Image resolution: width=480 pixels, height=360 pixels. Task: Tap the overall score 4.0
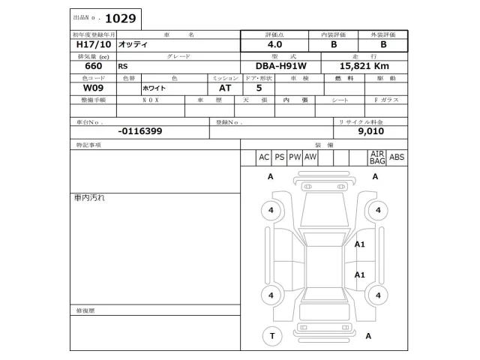point(274,44)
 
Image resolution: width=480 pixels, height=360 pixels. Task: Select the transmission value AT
point(224,88)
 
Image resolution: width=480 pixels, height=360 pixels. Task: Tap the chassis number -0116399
point(140,130)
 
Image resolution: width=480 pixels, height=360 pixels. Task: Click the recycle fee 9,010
point(370,130)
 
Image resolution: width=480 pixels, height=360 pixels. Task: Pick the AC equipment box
point(264,157)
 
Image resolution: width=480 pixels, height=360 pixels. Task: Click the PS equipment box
point(280,157)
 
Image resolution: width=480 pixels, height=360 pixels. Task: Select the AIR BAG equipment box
point(377,157)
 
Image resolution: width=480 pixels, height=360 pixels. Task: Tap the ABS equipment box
point(397,157)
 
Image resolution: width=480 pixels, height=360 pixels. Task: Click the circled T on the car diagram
point(271,336)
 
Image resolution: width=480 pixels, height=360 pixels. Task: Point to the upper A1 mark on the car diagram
point(360,244)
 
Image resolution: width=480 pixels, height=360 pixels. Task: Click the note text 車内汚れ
point(89,197)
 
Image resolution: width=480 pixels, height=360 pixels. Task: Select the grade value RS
point(123,66)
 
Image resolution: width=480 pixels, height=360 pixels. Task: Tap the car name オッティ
point(135,44)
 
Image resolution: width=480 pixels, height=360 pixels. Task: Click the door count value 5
point(259,88)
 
